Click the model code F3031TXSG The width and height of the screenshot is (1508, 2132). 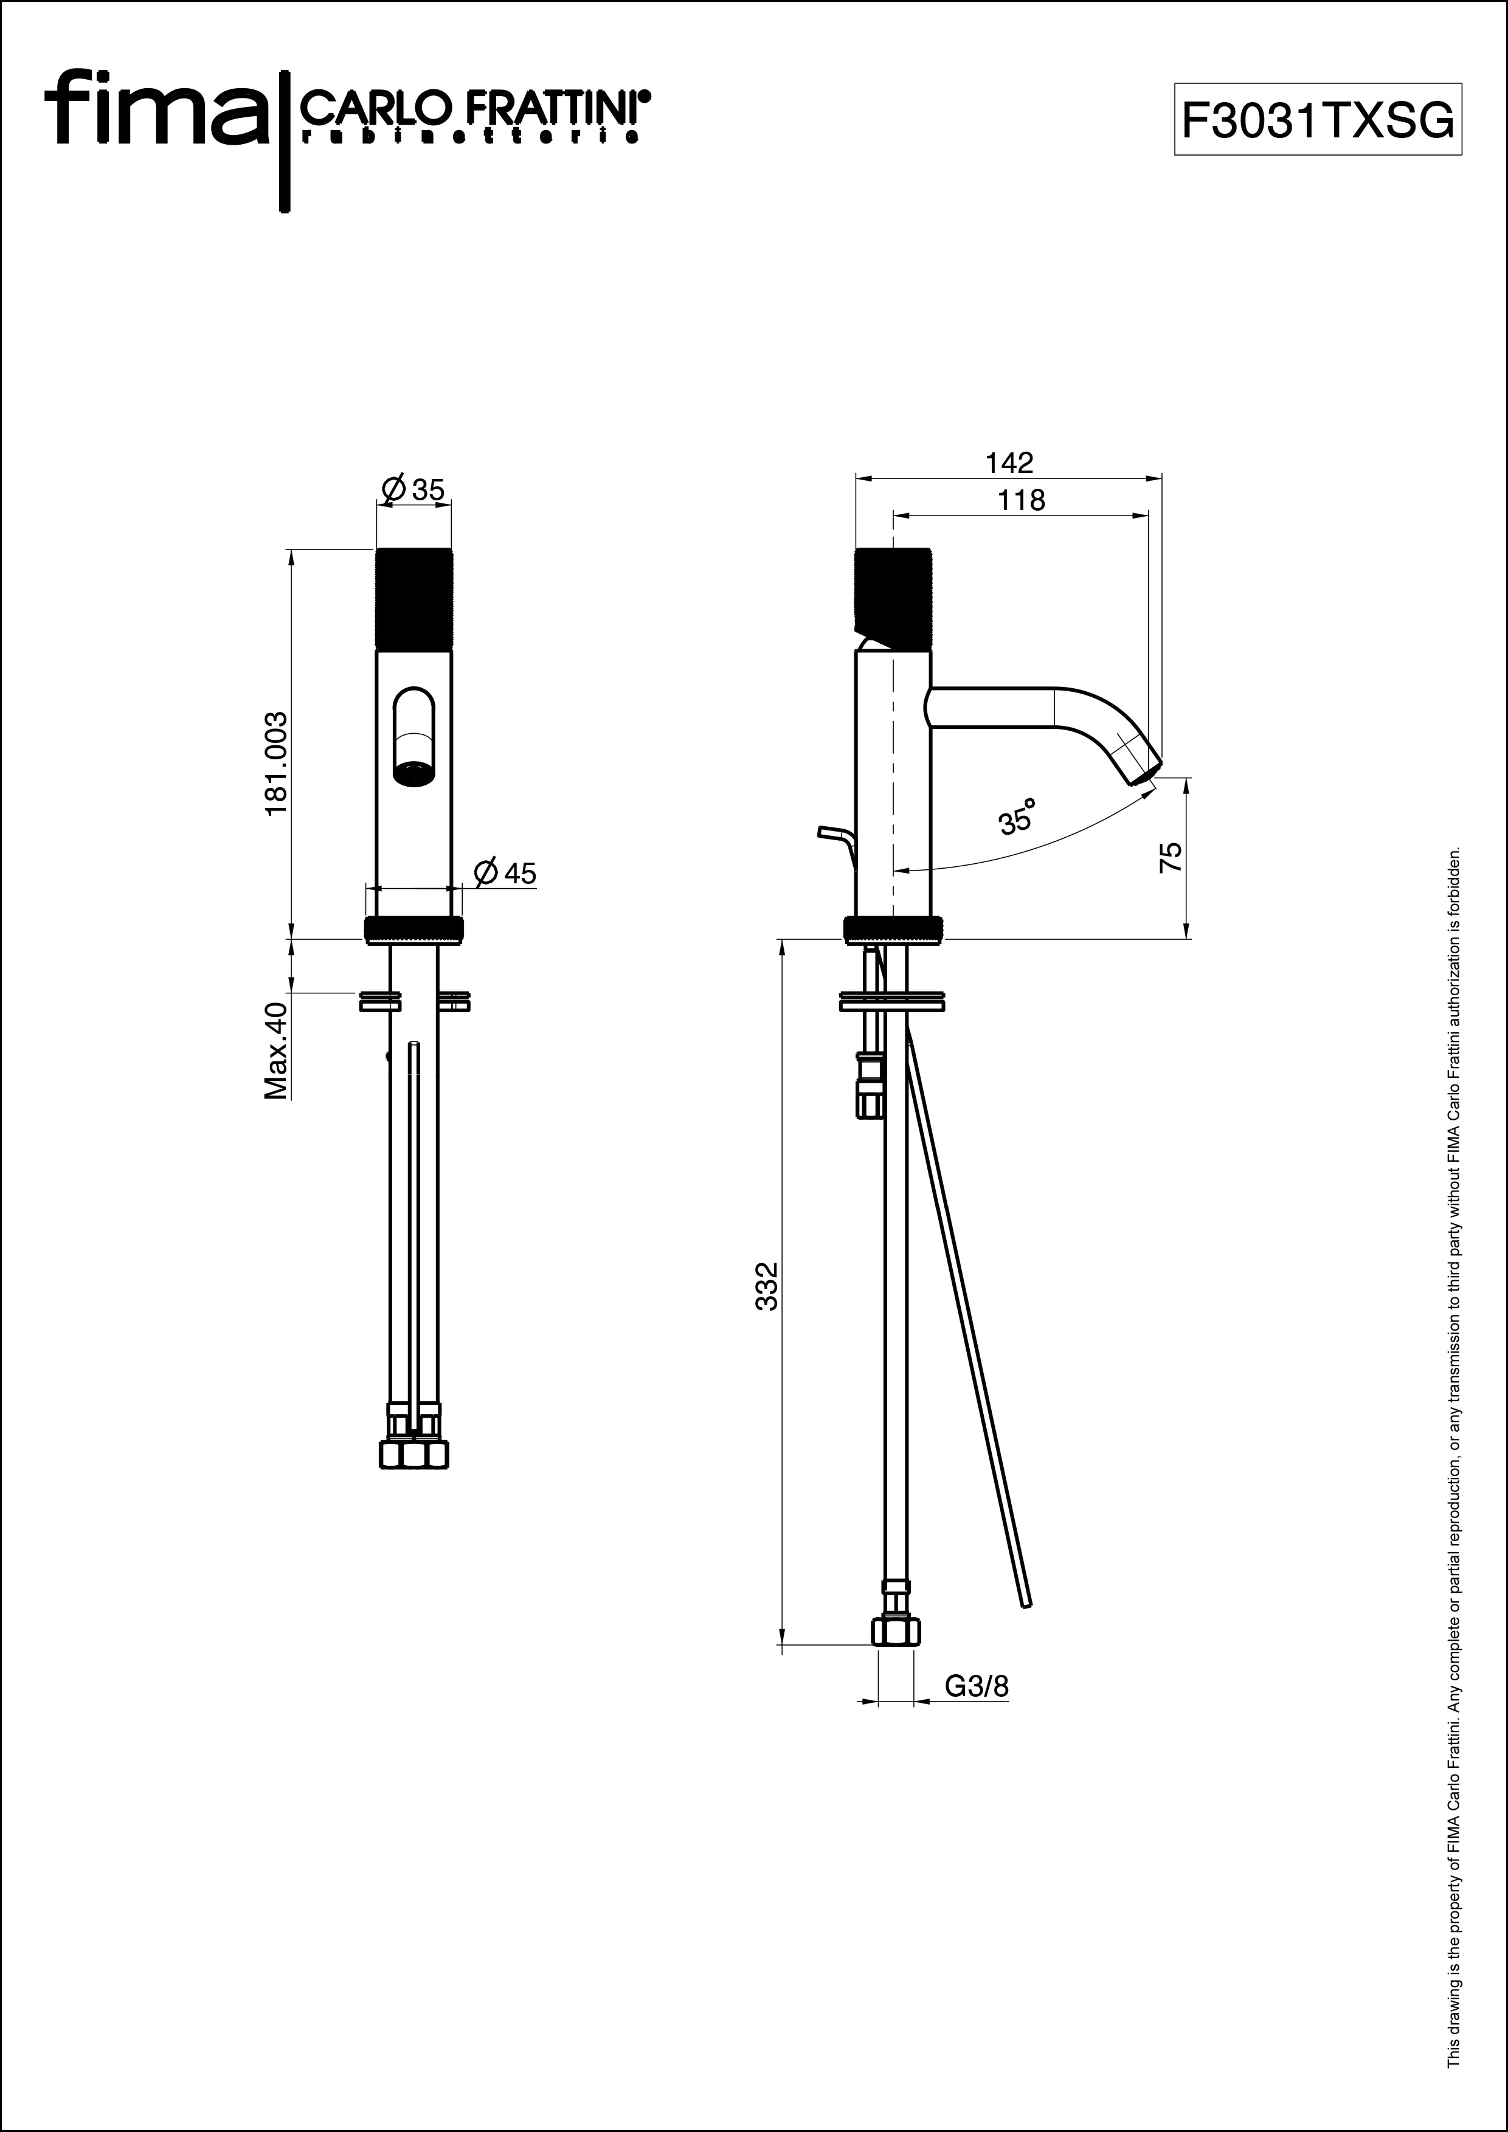1318,120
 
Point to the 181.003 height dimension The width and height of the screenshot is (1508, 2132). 276,764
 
